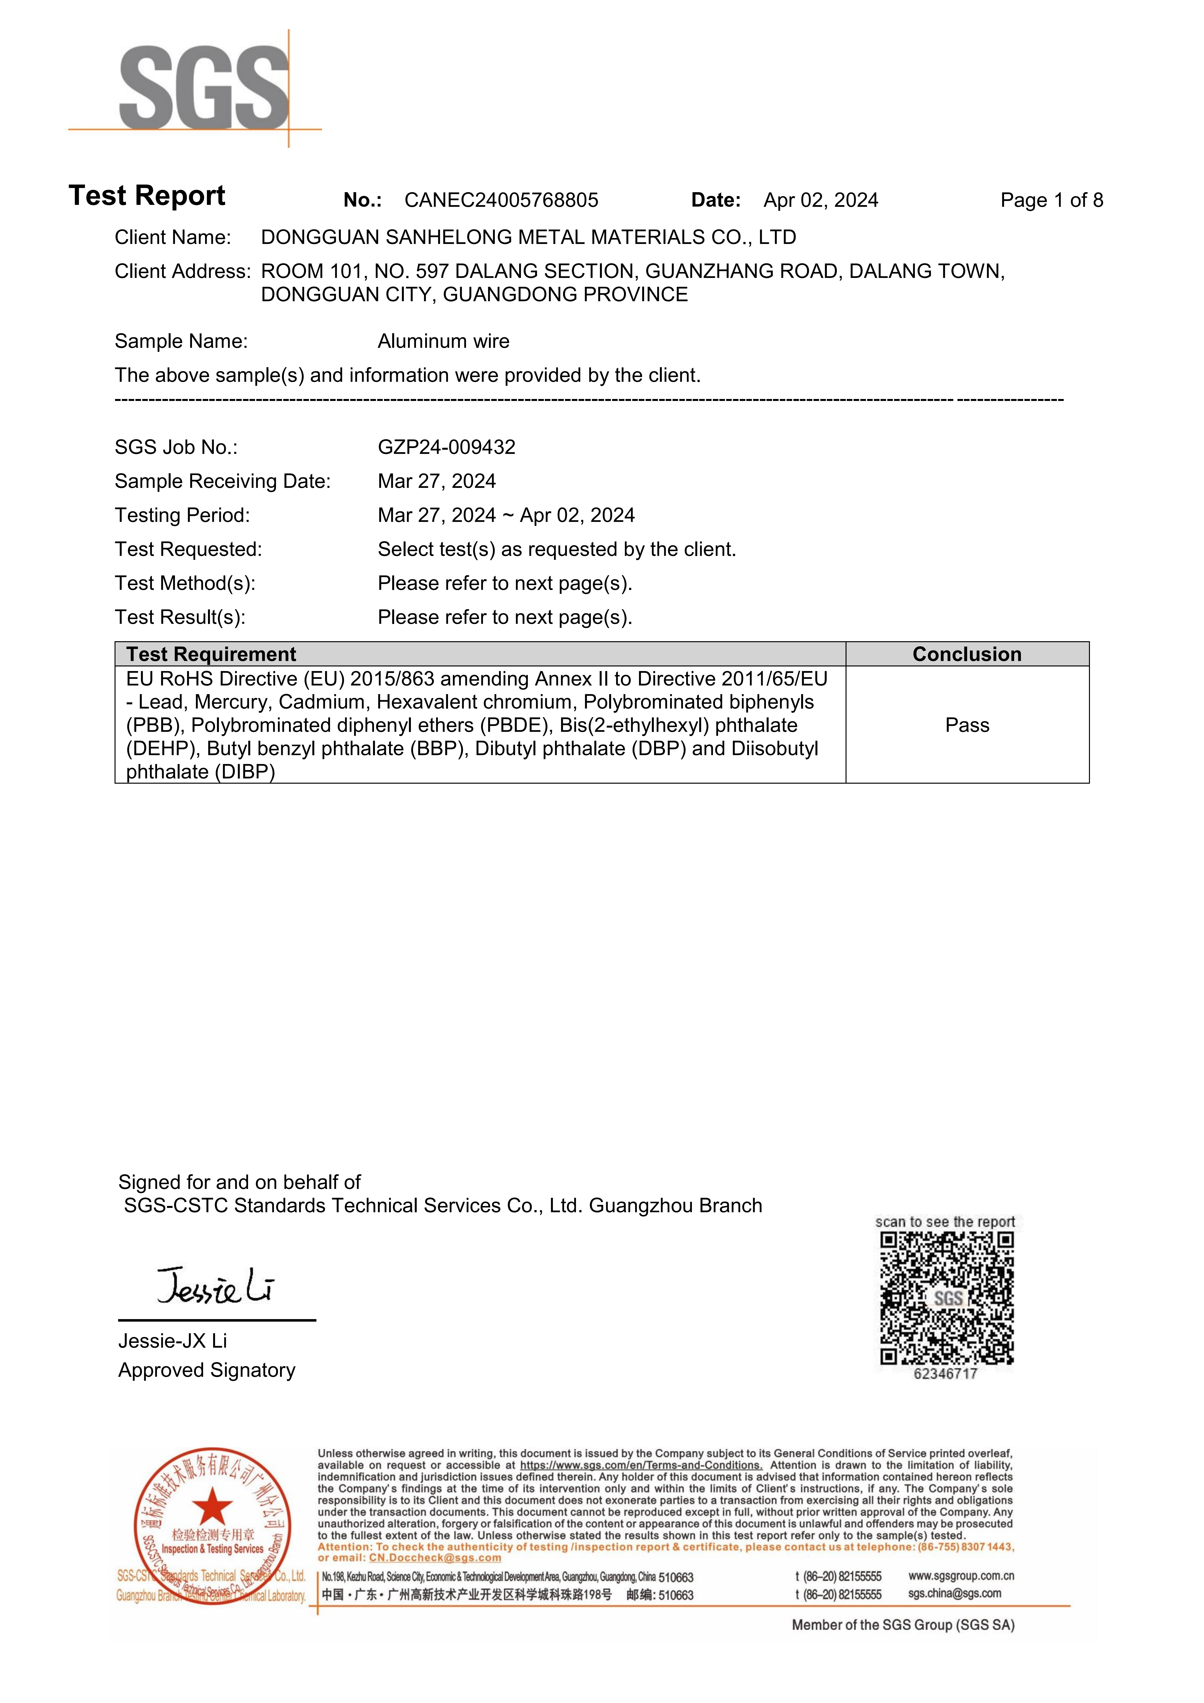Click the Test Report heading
(147, 196)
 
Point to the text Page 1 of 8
(1051, 200)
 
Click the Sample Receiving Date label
(223, 481)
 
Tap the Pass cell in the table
(967, 725)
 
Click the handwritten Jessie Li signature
(215, 1287)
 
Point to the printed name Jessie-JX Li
(172, 1341)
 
